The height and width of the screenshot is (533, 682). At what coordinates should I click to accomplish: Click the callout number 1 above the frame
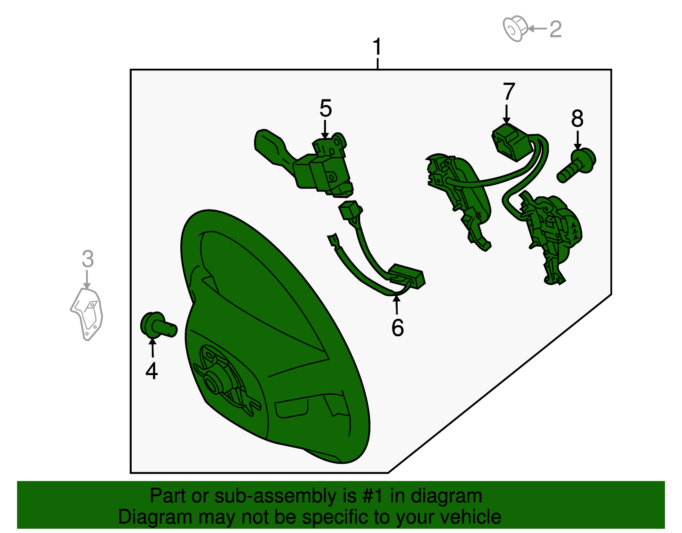coord(377,47)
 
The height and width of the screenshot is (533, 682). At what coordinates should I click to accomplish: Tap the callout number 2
coord(555,29)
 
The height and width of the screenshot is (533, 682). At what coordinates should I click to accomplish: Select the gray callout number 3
coord(88,259)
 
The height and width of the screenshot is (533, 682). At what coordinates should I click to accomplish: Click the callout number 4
coord(152,371)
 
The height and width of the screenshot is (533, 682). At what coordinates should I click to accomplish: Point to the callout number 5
coord(326,108)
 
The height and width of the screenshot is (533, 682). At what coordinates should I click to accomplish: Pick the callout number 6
coord(398,328)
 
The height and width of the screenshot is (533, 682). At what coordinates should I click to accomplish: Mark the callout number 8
coord(577,118)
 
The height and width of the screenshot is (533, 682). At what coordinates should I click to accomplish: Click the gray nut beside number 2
coord(515,29)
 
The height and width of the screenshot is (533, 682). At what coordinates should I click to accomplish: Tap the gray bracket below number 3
coord(87,315)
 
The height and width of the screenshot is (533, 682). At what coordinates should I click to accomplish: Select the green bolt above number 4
coord(158,326)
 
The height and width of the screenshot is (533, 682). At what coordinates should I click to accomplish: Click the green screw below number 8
coord(576,165)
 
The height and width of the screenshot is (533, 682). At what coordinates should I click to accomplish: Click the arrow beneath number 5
coord(325,129)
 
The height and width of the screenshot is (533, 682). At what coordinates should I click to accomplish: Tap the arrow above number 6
coord(397,305)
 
